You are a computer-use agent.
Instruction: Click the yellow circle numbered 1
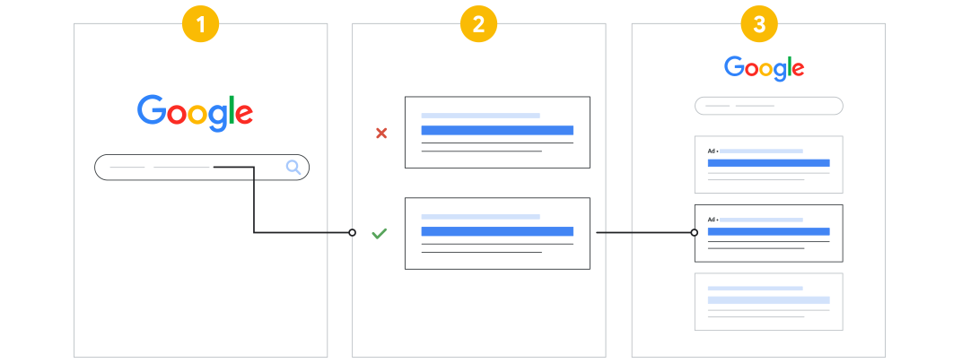201,24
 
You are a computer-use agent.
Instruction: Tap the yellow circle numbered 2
478,24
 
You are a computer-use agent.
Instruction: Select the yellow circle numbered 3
759,24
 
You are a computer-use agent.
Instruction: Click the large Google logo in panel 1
195,113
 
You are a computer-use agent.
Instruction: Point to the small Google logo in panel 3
764,68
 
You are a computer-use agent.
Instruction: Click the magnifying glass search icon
293,167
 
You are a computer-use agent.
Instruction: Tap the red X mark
381,133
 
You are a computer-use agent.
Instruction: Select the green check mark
380,233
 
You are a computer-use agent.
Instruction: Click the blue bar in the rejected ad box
497,130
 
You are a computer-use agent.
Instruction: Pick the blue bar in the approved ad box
497,231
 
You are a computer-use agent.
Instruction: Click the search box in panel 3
769,106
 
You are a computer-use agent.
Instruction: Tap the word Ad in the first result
712,151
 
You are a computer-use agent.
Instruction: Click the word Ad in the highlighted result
712,220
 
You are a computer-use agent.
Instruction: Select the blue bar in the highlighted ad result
769,231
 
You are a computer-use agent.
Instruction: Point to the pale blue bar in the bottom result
769,300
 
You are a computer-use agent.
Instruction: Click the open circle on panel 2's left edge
352,232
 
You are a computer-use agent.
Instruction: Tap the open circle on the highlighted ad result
694,232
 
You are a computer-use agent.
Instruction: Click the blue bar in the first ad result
769,163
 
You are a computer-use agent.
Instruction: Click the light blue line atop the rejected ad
480,116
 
